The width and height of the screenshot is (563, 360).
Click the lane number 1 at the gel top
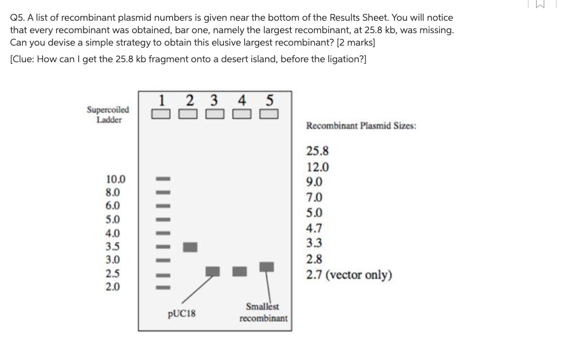(x=162, y=99)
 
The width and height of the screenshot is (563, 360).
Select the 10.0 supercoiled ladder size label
(x=116, y=180)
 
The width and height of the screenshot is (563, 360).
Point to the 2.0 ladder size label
(x=112, y=286)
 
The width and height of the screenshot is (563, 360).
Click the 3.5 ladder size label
(x=112, y=246)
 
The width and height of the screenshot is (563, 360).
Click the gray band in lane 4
(x=239, y=270)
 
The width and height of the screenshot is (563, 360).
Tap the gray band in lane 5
(x=267, y=267)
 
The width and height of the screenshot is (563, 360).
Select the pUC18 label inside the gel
(x=181, y=313)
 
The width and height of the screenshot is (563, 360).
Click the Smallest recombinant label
(x=263, y=312)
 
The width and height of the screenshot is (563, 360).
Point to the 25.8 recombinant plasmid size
(x=317, y=151)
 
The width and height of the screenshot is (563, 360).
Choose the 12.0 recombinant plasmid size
(x=317, y=167)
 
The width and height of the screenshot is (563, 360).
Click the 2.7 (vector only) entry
(x=348, y=274)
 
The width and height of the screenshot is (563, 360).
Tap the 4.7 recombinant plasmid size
(x=315, y=228)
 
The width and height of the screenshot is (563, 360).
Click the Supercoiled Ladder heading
(x=108, y=115)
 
